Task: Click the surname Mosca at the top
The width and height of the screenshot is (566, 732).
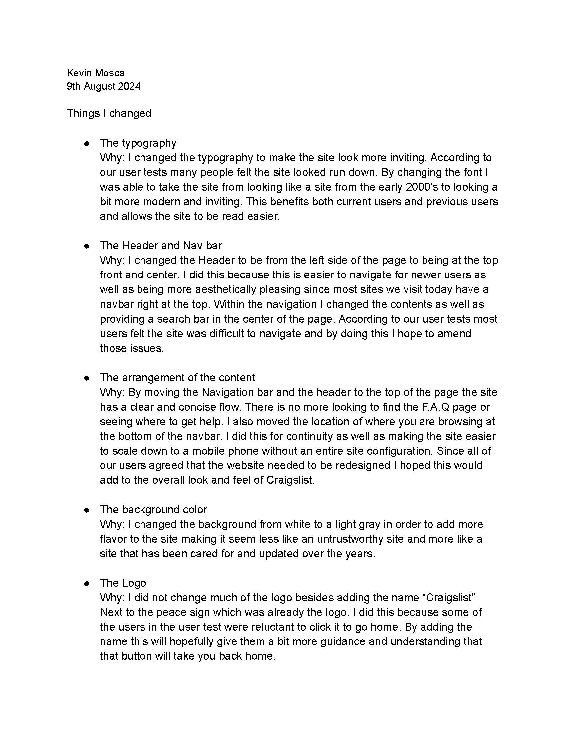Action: click(109, 73)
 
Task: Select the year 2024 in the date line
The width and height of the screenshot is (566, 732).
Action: click(129, 86)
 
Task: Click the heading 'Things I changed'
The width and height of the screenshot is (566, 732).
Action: click(109, 113)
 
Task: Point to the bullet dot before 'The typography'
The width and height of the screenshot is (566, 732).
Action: click(87, 143)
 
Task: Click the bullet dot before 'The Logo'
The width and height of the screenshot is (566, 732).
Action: click(87, 583)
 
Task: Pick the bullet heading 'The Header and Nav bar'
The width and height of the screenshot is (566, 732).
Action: click(160, 245)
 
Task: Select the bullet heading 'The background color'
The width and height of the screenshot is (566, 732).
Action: click(153, 509)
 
